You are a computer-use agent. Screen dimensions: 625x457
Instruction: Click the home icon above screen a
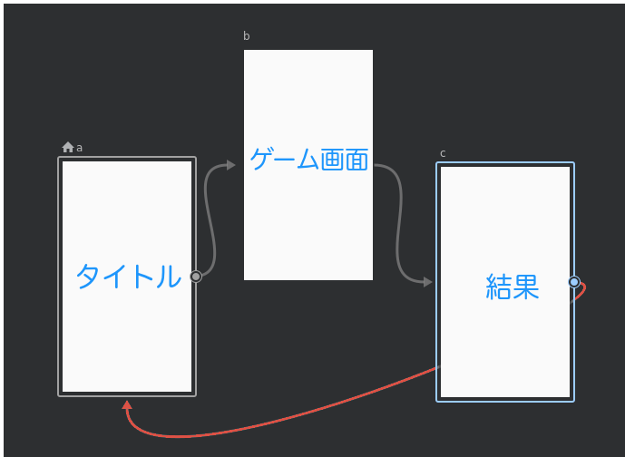(x=68, y=147)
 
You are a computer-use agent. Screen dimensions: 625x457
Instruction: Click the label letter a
(x=79, y=148)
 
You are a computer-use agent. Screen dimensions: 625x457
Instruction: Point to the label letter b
(x=247, y=36)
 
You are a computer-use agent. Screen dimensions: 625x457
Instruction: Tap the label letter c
(x=443, y=154)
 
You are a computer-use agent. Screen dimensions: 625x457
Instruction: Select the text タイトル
(x=128, y=277)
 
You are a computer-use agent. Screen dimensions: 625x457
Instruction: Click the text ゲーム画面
(x=309, y=160)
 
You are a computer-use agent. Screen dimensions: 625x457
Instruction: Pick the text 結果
(x=513, y=287)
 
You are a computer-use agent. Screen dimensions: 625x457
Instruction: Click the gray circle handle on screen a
(x=196, y=277)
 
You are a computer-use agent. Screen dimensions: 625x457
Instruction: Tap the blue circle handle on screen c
(x=574, y=282)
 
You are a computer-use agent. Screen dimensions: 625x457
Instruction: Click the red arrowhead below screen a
(x=127, y=404)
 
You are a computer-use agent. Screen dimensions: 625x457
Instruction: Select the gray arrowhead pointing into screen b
(x=230, y=165)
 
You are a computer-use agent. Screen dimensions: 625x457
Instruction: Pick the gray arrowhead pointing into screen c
(x=427, y=282)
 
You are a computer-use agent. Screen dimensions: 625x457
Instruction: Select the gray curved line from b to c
(x=399, y=223)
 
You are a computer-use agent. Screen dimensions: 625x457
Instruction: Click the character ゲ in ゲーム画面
(x=262, y=159)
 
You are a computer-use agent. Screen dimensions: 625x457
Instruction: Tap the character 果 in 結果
(x=526, y=287)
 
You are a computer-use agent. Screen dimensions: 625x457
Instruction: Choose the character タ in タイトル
(x=88, y=277)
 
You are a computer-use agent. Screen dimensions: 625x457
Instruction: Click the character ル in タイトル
(x=169, y=277)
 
